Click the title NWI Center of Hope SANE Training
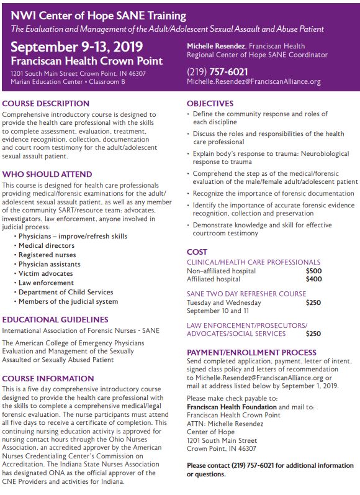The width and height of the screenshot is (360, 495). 99,15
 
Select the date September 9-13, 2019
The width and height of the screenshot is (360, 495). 76,47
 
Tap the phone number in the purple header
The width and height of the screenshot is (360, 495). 217,71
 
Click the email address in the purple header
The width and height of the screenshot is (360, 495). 253,82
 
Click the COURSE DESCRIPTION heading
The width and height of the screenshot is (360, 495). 46,104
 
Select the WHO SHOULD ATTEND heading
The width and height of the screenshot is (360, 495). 47,175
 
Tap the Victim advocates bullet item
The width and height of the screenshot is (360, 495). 45,274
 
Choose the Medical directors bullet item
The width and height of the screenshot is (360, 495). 47,246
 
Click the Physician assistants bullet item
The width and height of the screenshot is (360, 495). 49,265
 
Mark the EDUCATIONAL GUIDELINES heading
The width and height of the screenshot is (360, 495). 55,320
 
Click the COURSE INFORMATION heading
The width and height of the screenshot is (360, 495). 48,378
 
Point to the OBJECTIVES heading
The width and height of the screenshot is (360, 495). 210,104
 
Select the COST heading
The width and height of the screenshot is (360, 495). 197,252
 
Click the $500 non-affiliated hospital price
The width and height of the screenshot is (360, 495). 313,271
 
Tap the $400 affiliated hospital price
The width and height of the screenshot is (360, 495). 313,280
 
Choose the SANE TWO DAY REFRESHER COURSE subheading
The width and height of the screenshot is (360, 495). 246,294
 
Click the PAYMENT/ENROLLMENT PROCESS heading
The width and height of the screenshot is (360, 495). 251,352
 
